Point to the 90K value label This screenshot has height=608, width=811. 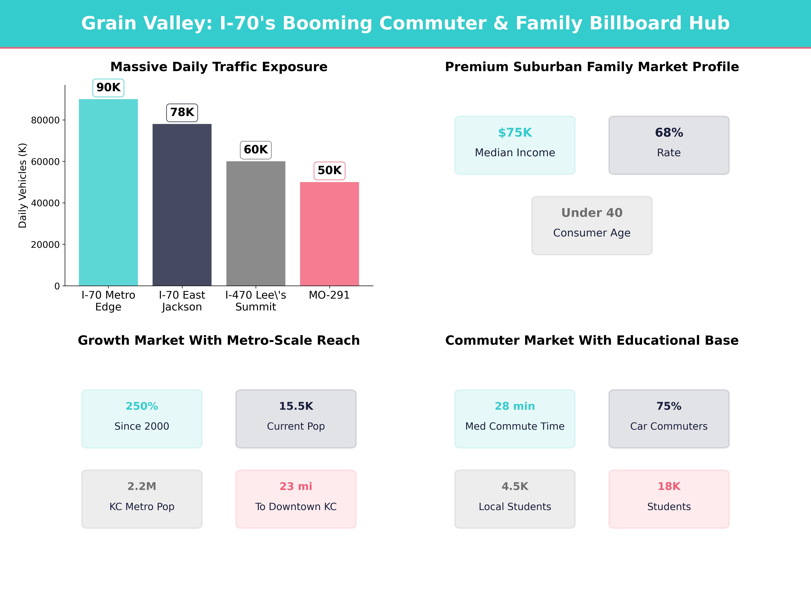pos(108,88)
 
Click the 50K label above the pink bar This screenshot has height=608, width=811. pos(329,170)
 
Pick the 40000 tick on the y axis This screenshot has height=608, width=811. pos(45,203)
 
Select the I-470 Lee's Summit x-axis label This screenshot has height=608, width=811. pos(255,301)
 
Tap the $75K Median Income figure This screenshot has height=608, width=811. pos(515,133)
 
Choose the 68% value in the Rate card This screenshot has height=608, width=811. pos(669,133)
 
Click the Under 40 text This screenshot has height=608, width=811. pos(592,213)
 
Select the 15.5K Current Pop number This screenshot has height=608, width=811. pos(296,406)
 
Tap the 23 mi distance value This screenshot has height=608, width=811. pos(296,486)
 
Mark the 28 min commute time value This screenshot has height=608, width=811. pos(515,406)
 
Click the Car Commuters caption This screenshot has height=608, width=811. pos(669,426)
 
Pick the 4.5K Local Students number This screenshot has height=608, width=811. pos(515,486)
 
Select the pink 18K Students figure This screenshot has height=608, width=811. pos(669,486)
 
